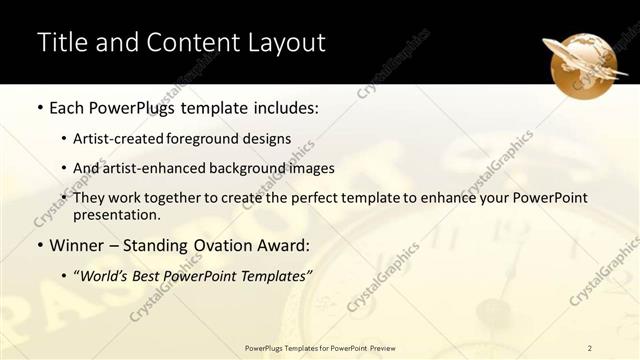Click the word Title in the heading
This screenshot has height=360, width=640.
tap(59, 43)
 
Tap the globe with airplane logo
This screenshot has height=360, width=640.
tap(584, 61)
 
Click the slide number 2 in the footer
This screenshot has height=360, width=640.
tap(590, 348)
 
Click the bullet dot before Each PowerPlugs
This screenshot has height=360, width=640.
tap(39, 107)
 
